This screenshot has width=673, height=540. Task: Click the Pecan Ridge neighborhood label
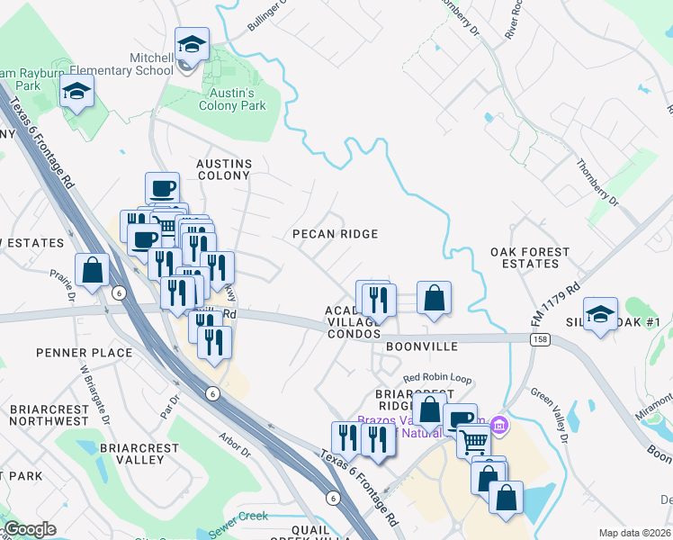tap(335, 234)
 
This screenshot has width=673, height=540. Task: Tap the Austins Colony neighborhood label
tap(224, 169)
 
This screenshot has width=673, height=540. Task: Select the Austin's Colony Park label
tap(232, 99)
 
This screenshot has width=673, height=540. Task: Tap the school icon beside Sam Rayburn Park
tap(77, 91)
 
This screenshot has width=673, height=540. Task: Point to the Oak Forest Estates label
tap(530, 257)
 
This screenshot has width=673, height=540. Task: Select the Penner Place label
tap(85, 353)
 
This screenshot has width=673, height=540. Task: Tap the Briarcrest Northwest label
tap(49, 415)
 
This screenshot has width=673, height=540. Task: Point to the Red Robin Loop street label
tap(437, 379)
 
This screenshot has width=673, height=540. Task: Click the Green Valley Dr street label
tap(549, 417)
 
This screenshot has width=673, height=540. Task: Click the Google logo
tap(30, 530)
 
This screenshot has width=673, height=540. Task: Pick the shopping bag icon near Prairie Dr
tap(93, 270)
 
